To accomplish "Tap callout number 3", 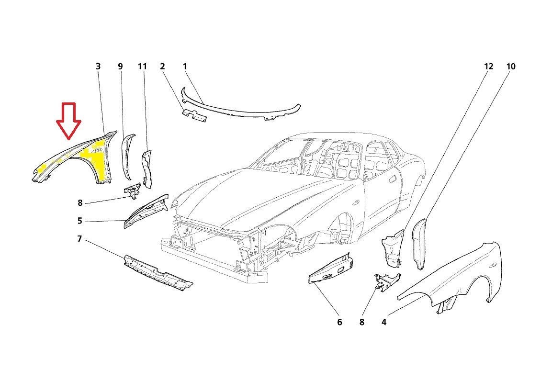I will pyautogui.click(x=98, y=67).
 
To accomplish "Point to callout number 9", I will pyautogui.click(x=120, y=67).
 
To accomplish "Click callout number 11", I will pyautogui.click(x=142, y=67).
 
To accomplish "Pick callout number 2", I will pyautogui.click(x=163, y=67).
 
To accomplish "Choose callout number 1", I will pyautogui.click(x=185, y=67).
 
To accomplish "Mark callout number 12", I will pyautogui.click(x=488, y=67).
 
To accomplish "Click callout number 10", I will pyautogui.click(x=511, y=67).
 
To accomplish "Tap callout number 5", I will pyautogui.click(x=80, y=221).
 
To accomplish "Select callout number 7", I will pyautogui.click(x=80, y=238).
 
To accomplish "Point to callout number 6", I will pyautogui.click(x=339, y=322).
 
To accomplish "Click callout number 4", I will pyautogui.click(x=384, y=322).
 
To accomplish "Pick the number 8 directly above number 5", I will pyautogui.click(x=80, y=203).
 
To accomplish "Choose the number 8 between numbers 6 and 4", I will pyautogui.click(x=361, y=322).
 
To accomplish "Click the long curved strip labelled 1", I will pyautogui.click(x=239, y=108).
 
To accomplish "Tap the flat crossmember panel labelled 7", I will pyautogui.click(x=158, y=274).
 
